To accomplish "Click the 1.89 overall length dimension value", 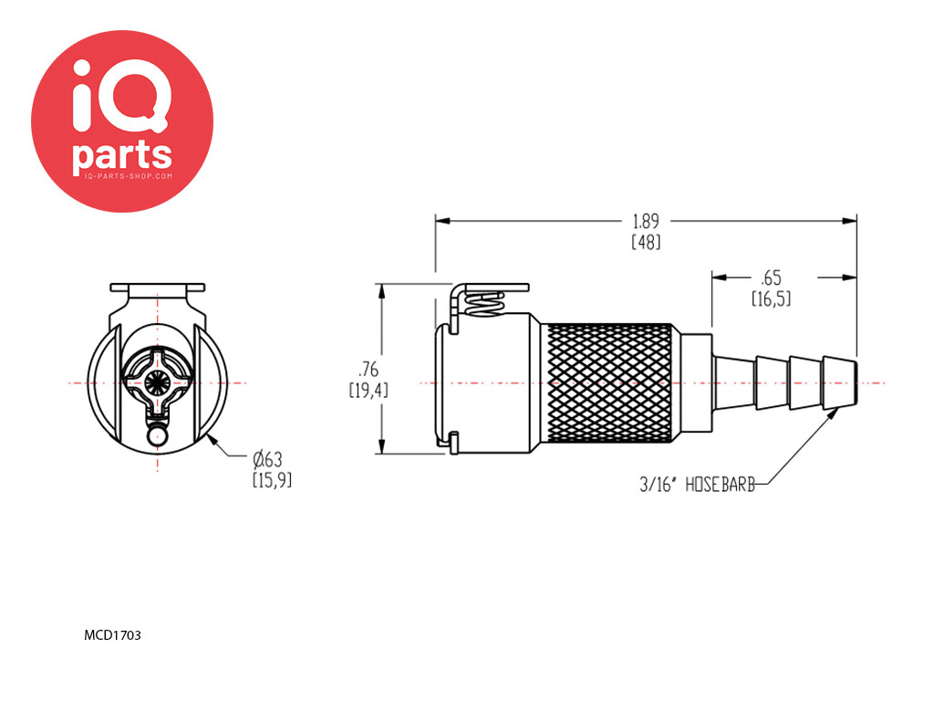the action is point(646,221).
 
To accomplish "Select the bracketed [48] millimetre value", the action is point(647,242).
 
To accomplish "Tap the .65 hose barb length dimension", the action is point(771,277).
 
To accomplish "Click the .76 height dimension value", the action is point(368,370).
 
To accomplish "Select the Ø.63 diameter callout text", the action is point(267,459).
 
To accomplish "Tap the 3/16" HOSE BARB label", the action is point(697,484).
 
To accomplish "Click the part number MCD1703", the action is point(112,635).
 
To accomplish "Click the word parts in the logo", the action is point(122,156).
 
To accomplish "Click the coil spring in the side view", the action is point(485,304).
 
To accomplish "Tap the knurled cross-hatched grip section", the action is point(608,382).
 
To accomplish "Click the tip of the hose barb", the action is point(856,382).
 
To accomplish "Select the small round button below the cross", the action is point(157,436).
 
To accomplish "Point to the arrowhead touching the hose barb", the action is point(829,415).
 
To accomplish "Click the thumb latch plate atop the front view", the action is point(157,288).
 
